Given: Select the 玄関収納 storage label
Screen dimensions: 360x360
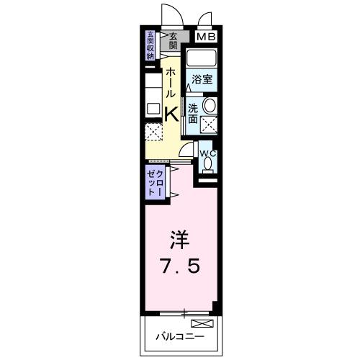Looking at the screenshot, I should [151, 45].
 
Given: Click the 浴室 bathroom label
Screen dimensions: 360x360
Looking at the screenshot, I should [202, 81].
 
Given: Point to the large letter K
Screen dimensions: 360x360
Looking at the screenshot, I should [173, 113].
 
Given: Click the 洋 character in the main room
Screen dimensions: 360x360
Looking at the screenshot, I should [180, 238].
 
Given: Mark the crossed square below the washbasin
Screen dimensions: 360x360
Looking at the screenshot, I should [210, 123].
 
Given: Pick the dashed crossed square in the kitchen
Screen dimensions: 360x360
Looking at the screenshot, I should [153, 132].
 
